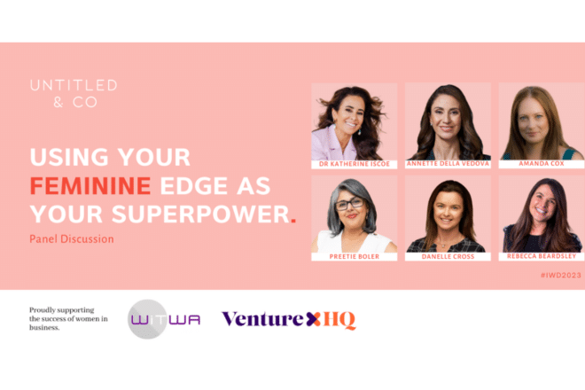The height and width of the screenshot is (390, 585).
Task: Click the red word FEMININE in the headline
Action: click(x=90, y=186)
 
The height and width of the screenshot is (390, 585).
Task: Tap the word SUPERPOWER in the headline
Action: click(x=200, y=214)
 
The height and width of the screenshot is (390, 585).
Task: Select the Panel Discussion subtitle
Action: click(x=72, y=238)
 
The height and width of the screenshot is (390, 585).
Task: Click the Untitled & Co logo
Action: click(x=74, y=93)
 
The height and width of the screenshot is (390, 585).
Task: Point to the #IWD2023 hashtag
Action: click(x=561, y=276)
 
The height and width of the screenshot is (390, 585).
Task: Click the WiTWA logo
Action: click(x=164, y=319)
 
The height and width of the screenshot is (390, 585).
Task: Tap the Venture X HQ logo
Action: click(x=289, y=320)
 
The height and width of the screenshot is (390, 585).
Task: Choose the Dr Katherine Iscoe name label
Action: click(x=354, y=164)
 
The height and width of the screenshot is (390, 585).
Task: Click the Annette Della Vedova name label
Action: click(x=448, y=163)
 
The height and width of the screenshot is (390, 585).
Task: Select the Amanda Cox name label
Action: click(x=542, y=163)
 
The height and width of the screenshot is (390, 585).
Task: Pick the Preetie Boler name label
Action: click(x=354, y=256)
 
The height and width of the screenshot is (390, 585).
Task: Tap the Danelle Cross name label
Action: click(x=448, y=256)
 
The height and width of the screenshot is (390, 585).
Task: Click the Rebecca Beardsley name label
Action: click(x=542, y=256)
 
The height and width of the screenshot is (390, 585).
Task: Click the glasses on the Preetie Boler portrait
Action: click(x=349, y=204)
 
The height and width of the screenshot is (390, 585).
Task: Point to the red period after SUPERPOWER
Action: click(x=293, y=221)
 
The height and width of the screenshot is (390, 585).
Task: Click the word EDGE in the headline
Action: click(x=194, y=186)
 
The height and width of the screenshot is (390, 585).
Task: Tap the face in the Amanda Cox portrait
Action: click(x=533, y=121)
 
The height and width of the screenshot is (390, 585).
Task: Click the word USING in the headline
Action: click(x=69, y=157)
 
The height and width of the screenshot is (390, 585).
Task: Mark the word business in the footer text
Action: click(x=44, y=328)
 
